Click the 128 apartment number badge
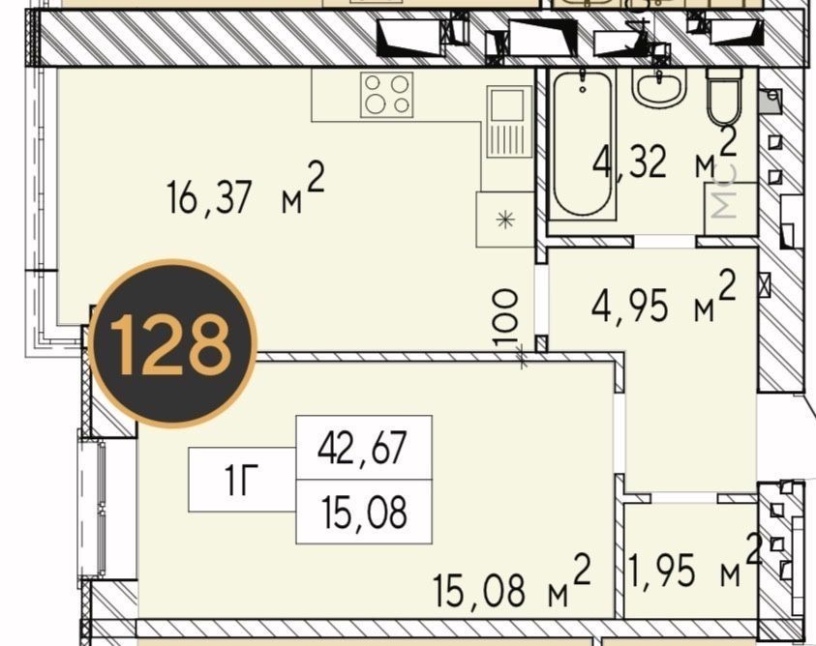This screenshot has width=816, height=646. (172, 343)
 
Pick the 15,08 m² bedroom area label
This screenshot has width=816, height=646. (513, 582)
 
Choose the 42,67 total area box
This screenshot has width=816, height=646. (364, 448)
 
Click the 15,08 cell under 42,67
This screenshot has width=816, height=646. (364, 512)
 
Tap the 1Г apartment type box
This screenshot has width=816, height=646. (242, 480)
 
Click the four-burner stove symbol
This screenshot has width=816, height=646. (386, 94)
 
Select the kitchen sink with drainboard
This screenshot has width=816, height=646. (509, 122)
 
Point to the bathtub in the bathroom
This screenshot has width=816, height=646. (583, 144)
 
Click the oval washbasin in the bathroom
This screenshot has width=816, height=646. (659, 88)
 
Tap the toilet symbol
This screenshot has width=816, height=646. (724, 96)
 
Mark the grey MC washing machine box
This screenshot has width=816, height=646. (731, 208)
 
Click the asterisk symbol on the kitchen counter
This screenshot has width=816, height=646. (505, 220)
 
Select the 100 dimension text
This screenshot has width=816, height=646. (505, 317)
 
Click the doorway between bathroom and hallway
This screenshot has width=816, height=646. (665, 242)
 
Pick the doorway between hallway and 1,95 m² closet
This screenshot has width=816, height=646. (683, 498)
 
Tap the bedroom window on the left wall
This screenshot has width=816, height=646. (92, 510)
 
